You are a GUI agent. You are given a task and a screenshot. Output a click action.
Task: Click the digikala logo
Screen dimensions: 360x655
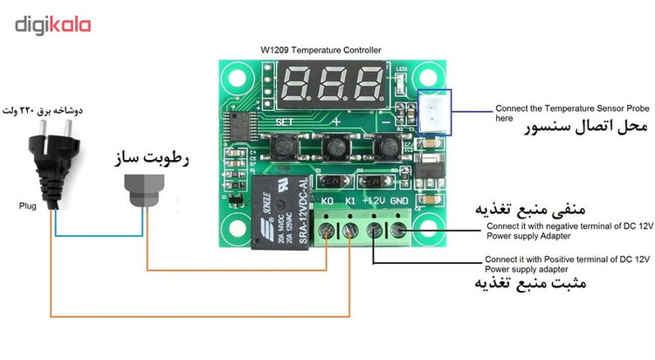tap(53, 24)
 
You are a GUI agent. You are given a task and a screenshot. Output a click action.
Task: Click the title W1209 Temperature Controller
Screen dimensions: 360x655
tap(321, 51)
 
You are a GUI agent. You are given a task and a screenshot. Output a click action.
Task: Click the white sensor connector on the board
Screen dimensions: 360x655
tap(434, 110)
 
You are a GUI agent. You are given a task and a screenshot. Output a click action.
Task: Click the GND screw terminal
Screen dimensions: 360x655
tap(398, 231)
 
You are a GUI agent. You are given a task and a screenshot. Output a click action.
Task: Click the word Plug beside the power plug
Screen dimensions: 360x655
tap(27, 207)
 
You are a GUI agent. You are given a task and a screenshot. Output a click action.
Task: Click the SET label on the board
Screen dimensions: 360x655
tap(285, 121)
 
